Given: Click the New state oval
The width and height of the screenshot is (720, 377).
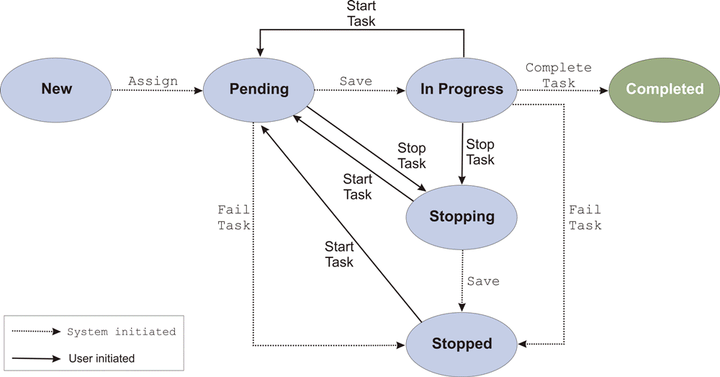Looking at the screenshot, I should [56, 89].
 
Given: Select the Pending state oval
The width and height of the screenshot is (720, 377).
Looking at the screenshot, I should [258, 89].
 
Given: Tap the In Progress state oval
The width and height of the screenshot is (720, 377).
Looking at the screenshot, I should [462, 89].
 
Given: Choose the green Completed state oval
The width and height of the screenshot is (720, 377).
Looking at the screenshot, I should [664, 89].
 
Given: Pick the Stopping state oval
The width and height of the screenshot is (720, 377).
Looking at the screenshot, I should [462, 216].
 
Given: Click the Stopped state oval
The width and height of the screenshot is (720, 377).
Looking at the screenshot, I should [462, 344].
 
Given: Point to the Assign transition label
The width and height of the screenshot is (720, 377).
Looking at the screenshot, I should [153, 81].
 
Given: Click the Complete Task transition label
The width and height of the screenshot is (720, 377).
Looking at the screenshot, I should [558, 75].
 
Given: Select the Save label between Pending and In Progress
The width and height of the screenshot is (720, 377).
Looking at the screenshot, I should [356, 81].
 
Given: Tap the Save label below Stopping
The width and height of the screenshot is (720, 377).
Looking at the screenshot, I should [482, 280].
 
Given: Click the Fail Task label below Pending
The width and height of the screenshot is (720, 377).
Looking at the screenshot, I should [234, 217].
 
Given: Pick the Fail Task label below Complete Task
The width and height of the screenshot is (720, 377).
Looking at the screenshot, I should [585, 217].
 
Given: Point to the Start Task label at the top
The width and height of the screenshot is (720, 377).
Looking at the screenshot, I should [361, 14].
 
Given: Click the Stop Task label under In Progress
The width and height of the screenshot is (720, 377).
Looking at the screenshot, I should [480, 152].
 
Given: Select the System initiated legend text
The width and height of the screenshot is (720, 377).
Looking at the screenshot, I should [121, 332].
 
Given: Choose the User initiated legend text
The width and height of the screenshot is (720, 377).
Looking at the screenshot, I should [102, 358].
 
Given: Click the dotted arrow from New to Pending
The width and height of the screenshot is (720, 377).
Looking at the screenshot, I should [157, 90].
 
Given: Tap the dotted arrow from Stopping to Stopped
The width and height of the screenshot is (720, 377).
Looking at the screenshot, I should [462, 281].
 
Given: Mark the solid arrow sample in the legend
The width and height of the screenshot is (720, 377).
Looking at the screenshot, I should [36, 358].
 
